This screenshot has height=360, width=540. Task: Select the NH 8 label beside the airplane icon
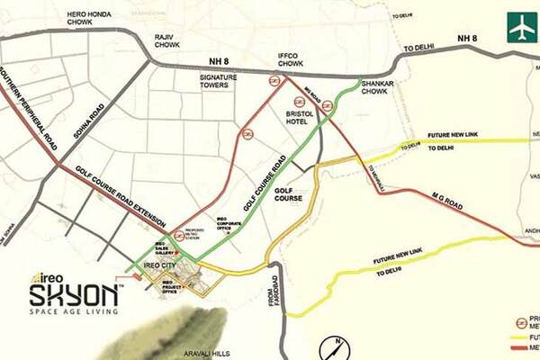click(x=466, y=38)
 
